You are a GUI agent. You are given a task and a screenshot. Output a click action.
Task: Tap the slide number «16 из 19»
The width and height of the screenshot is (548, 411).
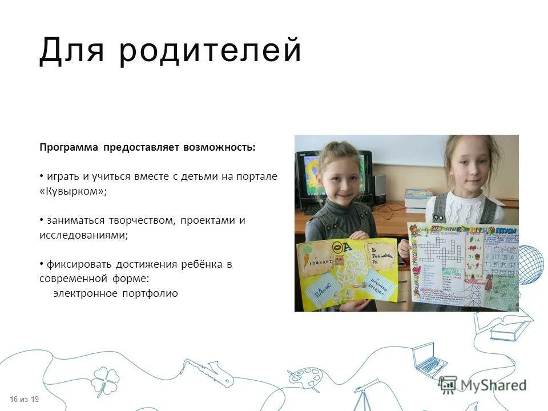click(24, 398)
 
